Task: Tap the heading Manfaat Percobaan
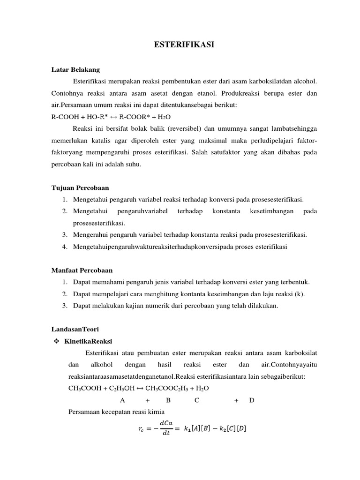click(82, 270)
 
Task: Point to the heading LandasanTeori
click(75, 330)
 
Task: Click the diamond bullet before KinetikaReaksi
click(55, 341)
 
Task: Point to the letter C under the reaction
click(197, 400)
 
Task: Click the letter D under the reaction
click(252, 400)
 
